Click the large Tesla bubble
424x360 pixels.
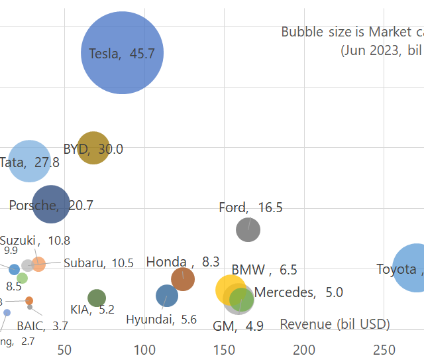pyautogui.click(x=122, y=53)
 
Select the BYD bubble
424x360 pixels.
pyautogui.click(x=93, y=148)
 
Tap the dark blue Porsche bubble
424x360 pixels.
pyautogui.click(x=50, y=204)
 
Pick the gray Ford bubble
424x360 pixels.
pyautogui.click(x=248, y=230)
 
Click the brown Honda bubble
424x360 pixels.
pyautogui.click(x=183, y=279)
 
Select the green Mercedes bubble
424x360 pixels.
pyautogui.click(x=242, y=299)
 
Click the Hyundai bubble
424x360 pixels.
pyautogui.click(x=167, y=296)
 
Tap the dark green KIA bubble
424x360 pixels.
pyautogui.click(x=97, y=298)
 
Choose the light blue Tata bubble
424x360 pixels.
pyautogui.click(x=30, y=161)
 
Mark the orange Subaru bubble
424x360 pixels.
pyautogui.click(x=38, y=264)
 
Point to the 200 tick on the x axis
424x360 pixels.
pyautogui.click(x=305, y=349)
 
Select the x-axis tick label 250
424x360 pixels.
pyautogui.click(x=385, y=349)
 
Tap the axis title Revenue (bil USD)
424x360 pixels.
pyautogui.click(x=335, y=324)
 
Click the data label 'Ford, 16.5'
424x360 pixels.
pyautogui.click(x=250, y=208)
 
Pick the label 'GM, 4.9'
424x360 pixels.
pyautogui.click(x=238, y=326)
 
